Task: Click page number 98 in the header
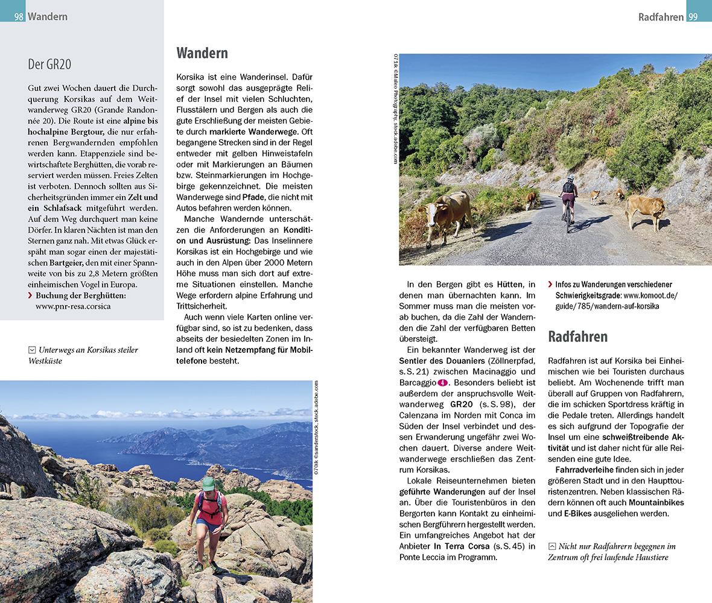point(19,17)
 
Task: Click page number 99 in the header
point(692,17)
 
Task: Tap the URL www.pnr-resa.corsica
point(73,306)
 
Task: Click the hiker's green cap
point(208,484)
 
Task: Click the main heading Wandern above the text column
point(202,53)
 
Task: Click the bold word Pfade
point(253,197)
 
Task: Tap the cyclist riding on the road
point(568,202)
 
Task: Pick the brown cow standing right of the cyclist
point(644,210)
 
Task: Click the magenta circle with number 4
point(443,382)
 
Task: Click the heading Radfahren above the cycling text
point(577,336)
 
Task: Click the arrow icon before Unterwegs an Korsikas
point(31,350)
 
